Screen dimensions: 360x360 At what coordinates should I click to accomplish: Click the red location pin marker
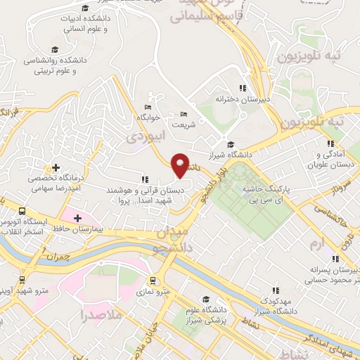[181, 165]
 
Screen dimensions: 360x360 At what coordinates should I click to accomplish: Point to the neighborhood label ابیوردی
[143, 137]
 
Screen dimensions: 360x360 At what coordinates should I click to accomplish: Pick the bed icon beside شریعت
[184, 115]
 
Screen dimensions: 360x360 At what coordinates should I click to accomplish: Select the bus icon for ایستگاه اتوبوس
[22, 211]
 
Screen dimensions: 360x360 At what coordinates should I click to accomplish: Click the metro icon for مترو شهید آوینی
[22, 288]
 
